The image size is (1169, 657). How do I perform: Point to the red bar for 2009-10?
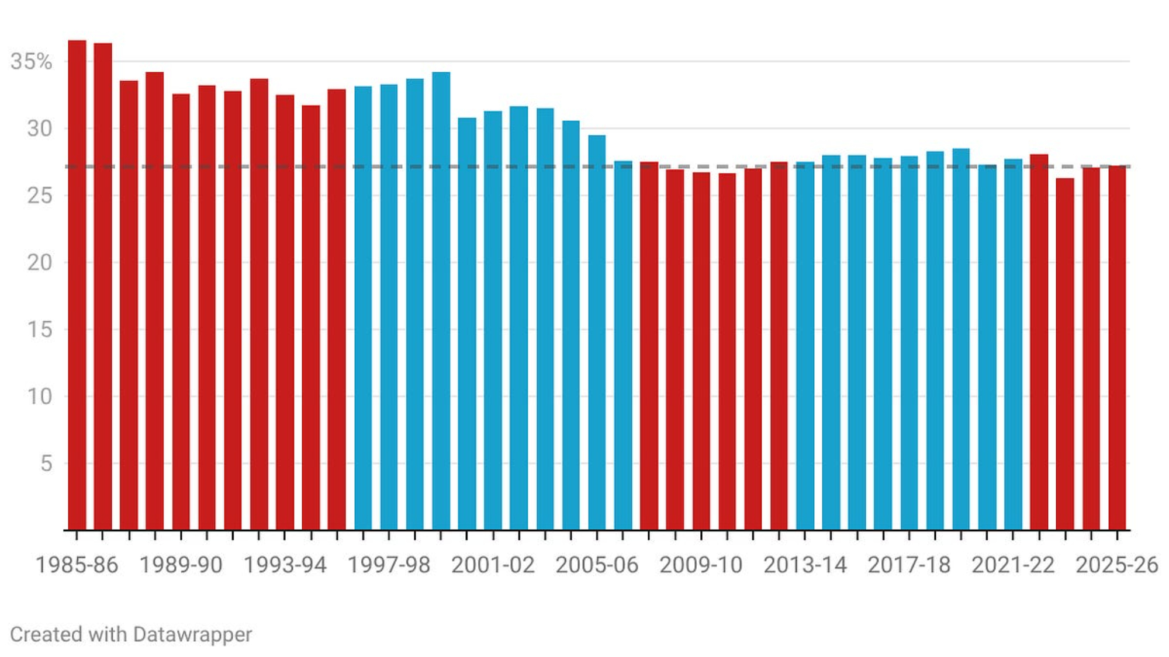(701, 351)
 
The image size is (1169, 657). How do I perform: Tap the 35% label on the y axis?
(31, 61)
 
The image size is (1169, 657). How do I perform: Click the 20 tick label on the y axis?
(39, 263)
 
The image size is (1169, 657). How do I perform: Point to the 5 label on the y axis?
(46, 464)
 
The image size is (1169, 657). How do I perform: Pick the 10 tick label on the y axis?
(39, 397)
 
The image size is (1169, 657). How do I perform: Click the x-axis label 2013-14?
(805, 565)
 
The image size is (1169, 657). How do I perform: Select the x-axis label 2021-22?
(1013, 565)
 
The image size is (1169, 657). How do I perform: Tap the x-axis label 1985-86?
(77, 565)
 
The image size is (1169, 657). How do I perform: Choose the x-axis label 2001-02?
(493, 565)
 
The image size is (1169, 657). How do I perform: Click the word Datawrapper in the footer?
(192, 634)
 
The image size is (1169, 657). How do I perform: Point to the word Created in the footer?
(37, 634)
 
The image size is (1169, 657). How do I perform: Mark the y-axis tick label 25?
(39, 196)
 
